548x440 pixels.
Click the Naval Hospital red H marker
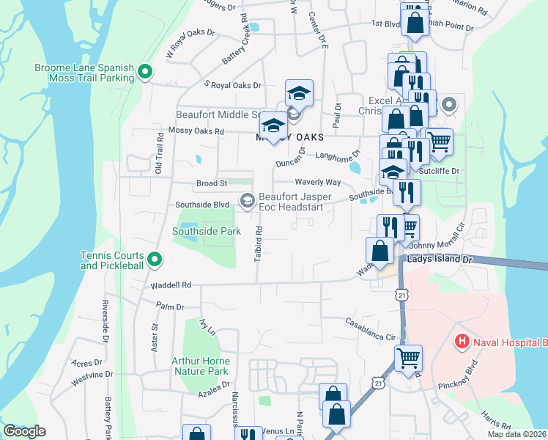pos(462,341)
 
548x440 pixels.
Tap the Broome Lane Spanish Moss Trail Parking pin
pos(145,71)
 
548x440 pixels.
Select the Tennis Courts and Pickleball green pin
pos(154,259)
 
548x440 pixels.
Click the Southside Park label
pos(207,231)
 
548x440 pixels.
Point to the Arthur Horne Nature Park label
pos(201,366)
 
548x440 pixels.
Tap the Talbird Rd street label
pos(259,241)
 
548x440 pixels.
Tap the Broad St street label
pos(212,183)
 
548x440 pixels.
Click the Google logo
pos(24,431)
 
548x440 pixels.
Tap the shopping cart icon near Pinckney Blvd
pos(408,359)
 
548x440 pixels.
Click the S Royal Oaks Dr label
pos(232,86)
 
